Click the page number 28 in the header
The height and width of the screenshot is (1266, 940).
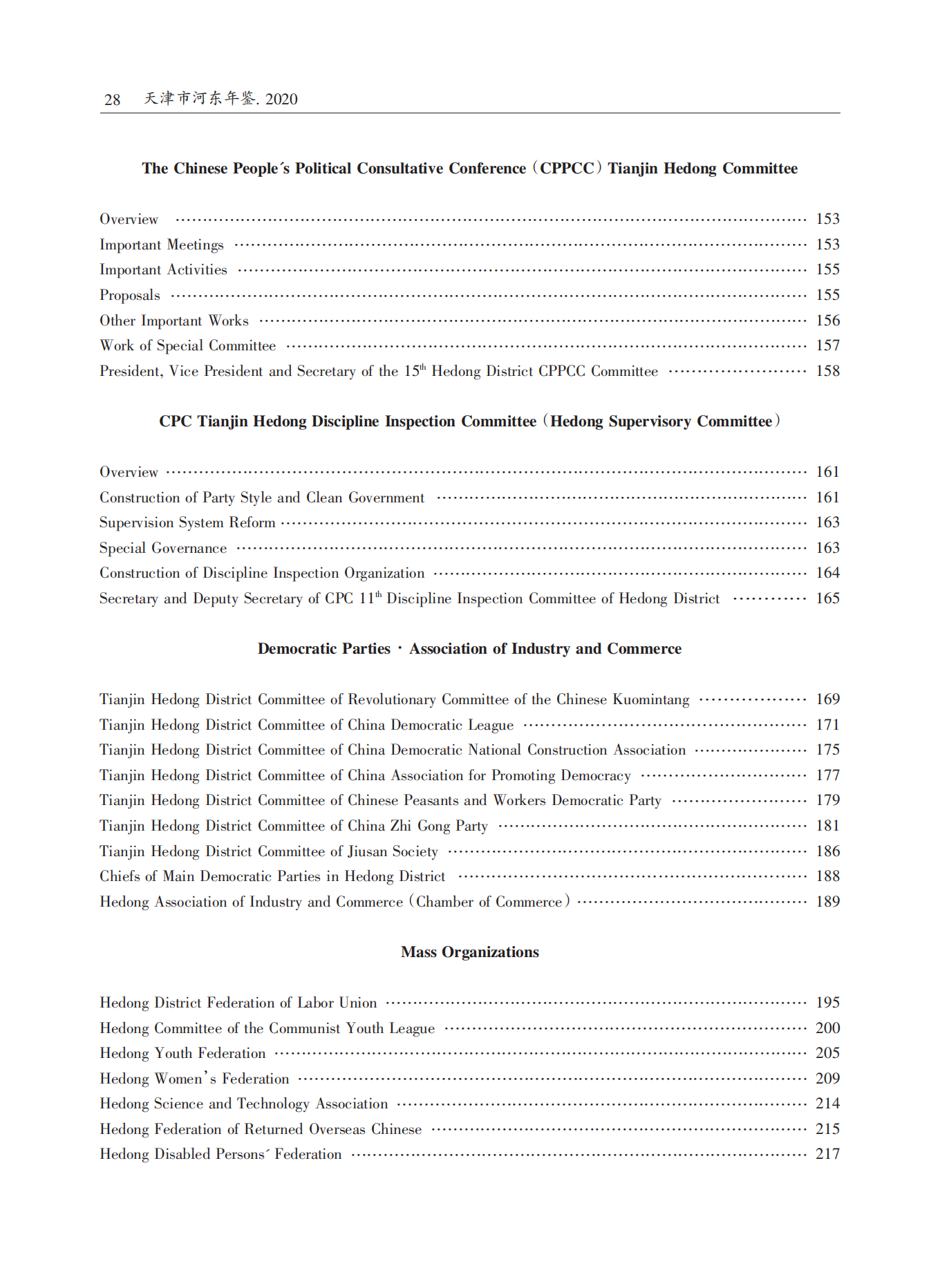[112, 100]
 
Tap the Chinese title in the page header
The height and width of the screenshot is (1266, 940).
[220, 99]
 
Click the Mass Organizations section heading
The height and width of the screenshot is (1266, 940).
[469, 952]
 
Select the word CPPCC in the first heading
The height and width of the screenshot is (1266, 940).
[567, 169]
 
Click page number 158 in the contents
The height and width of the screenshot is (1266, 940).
[827, 371]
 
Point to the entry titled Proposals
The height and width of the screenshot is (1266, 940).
[130, 296]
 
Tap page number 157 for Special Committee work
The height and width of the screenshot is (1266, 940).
[827, 346]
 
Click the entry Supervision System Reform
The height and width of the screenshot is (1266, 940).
[187, 523]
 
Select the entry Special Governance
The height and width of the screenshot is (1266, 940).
[163, 549]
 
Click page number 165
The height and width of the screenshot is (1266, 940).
[827, 598]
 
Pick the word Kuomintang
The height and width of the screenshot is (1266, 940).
[650, 700]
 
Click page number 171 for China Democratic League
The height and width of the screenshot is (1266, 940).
[827, 725]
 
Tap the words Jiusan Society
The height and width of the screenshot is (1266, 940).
[393, 852]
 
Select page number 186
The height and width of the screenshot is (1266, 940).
[827, 851]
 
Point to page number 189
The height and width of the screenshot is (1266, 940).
[827, 902]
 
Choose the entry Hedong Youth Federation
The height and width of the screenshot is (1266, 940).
[182, 1054]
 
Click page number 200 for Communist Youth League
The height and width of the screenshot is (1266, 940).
[827, 1028]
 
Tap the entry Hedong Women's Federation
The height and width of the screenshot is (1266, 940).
[194, 1079]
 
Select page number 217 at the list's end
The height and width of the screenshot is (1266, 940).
[827, 1154]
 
